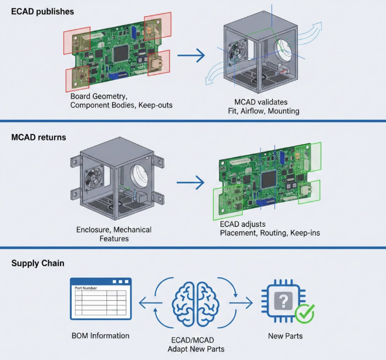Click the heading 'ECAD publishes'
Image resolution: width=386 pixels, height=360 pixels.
click(x=42, y=11)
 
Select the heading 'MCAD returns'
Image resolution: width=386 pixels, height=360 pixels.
click(x=39, y=137)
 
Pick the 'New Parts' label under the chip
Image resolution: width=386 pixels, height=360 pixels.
click(x=285, y=336)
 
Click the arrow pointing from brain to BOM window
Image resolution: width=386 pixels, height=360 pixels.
click(x=145, y=304)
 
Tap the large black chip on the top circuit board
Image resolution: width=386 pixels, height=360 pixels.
click(x=121, y=53)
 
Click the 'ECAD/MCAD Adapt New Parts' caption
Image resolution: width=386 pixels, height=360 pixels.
click(x=193, y=345)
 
